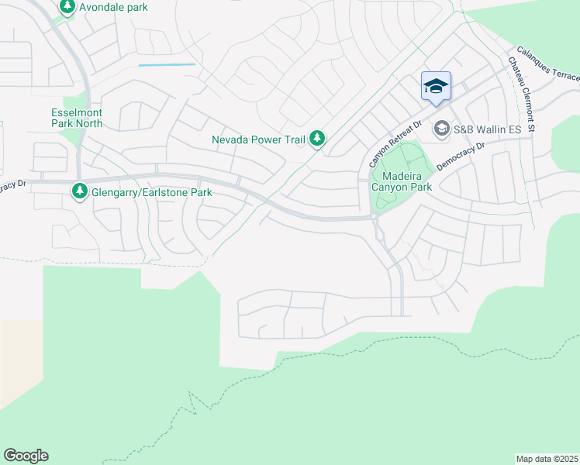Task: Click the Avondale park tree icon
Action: click(x=67, y=7)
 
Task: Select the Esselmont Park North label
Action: click(x=76, y=118)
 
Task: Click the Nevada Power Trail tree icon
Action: click(x=316, y=139)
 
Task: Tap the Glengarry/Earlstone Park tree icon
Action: click(x=79, y=191)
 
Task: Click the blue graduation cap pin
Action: click(x=436, y=86)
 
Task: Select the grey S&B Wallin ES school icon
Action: click(x=441, y=128)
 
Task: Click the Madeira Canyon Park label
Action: click(x=401, y=181)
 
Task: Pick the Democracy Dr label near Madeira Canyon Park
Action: click(x=460, y=155)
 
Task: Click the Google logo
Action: click(x=26, y=455)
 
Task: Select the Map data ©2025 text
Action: click(x=547, y=459)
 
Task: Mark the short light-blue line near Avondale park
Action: click(x=167, y=65)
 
